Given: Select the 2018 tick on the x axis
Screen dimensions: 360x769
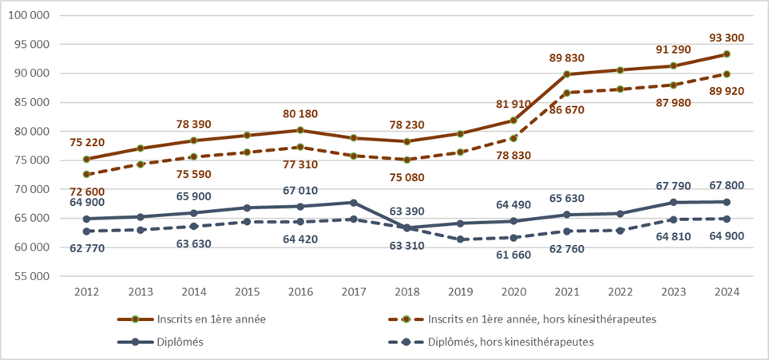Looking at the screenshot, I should pos(406,292).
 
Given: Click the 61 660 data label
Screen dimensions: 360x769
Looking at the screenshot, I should pos(512,254).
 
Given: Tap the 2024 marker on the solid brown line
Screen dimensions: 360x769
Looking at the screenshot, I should pos(726,54).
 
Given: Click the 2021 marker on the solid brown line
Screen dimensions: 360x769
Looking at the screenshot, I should pos(566,74).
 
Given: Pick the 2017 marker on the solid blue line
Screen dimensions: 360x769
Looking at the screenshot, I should pos(353,203).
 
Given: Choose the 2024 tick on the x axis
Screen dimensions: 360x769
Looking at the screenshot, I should pos(726,292).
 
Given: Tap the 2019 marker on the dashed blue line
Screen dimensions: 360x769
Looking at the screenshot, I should pos(460,239).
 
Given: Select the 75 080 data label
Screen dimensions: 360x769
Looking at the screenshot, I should pos(406,178).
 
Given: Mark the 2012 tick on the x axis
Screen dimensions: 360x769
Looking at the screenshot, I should pos(87,292).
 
